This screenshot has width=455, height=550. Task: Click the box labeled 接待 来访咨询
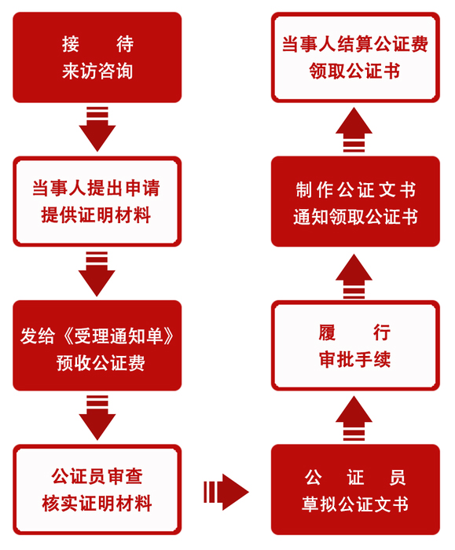(97, 57)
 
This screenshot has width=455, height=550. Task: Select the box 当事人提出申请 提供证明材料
(97, 202)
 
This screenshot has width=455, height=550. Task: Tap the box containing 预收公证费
(97, 346)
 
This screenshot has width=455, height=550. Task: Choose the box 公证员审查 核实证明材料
(97, 489)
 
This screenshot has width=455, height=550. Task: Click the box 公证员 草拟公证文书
(355, 489)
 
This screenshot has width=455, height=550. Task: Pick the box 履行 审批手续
(355, 346)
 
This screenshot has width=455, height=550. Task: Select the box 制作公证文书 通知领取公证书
(355, 202)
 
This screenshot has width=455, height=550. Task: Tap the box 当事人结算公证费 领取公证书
(355, 57)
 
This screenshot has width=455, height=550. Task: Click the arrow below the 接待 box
(97, 129)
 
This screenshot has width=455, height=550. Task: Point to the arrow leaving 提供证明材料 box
(97, 273)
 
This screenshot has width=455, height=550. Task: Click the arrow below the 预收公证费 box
(97, 417)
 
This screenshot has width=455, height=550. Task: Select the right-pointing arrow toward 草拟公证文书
(226, 492)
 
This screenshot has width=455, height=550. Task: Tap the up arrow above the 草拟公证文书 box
(354, 419)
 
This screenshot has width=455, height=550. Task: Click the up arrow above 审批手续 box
(354, 277)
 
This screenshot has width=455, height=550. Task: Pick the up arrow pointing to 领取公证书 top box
(354, 130)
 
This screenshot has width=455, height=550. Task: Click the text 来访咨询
(97, 71)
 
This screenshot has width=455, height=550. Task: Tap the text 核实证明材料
(97, 504)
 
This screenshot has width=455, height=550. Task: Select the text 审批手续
(354, 360)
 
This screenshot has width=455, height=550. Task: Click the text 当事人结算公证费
(355, 44)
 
